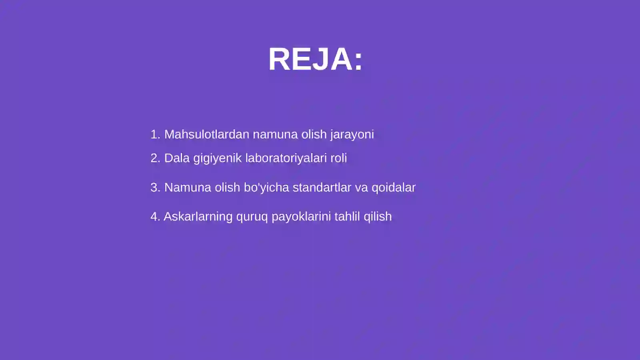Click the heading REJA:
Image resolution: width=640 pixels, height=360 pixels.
click(315, 59)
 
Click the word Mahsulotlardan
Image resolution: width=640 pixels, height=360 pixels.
click(206, 134)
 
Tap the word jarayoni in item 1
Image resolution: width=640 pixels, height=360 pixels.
click(352, 135)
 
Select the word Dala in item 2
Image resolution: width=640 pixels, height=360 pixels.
click(177, 158)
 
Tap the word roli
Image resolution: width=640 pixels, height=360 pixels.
click(338, 158)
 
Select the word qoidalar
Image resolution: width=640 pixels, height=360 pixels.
click(394, 188)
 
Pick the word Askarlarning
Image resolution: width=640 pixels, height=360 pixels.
click(198, 217)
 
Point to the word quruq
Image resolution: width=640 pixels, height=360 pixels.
click(252, 217)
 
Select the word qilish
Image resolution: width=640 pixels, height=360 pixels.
click(378, 217)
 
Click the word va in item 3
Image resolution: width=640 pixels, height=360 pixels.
click(361, 188)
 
